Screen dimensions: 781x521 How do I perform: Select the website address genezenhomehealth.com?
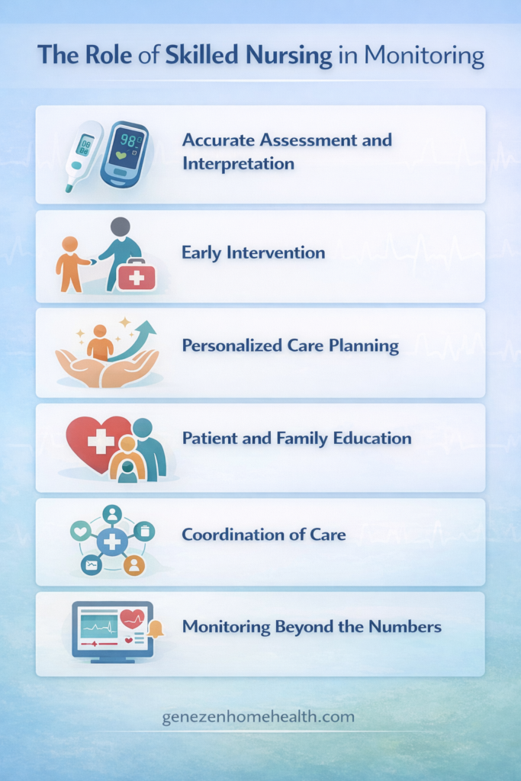(259, 718)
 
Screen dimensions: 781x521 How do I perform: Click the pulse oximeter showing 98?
(124, 153)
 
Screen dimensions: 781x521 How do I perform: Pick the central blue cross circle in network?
(112, 542)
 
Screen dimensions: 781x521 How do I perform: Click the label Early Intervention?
(253, 252)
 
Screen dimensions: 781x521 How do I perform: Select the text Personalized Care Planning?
(290, 346)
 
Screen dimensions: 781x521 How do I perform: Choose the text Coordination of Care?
(263, 534)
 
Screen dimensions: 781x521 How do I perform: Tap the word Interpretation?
(238, 163)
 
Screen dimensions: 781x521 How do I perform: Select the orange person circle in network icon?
(134, 565)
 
